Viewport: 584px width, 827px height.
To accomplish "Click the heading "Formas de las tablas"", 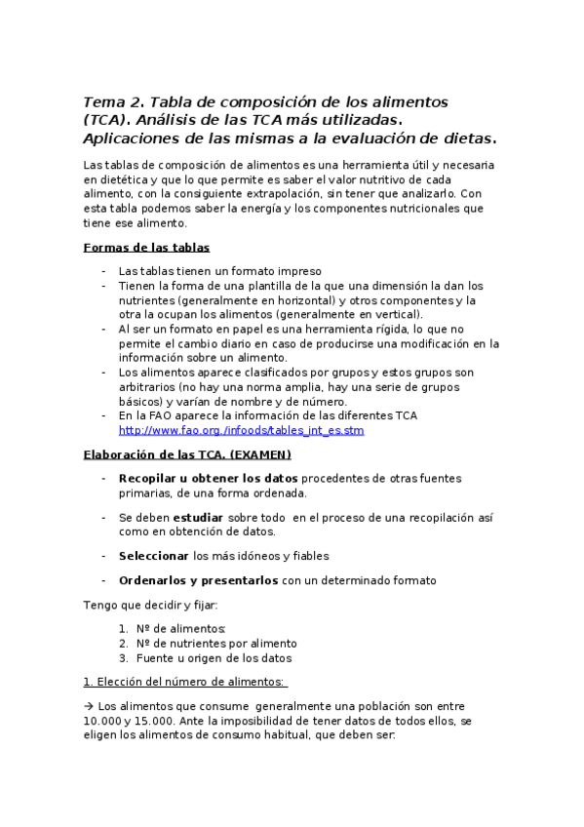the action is [x=146, y=248].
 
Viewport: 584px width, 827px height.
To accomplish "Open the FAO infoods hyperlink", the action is [x=241, y=430].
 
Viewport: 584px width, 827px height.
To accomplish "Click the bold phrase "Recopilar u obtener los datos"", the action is [x=209, y=478].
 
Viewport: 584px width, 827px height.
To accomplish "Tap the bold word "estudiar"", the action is [x=198, y=517].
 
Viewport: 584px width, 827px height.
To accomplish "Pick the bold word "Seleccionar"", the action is [x=154, y=556].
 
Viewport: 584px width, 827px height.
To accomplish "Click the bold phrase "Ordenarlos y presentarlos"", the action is [x=199, y=580].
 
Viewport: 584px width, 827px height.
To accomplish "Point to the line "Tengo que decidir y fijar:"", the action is [x=151, y=605].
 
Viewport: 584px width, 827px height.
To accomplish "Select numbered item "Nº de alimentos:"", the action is [x=181, y=629].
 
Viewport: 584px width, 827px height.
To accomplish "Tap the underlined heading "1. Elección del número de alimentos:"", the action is [x=185, y=682].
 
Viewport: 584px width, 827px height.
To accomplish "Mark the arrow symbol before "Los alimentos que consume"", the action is [x=89, y=706].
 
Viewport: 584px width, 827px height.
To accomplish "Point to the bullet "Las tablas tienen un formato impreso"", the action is [x=219, y=271].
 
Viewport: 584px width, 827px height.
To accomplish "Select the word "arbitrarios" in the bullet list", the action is [x=149, y=387].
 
